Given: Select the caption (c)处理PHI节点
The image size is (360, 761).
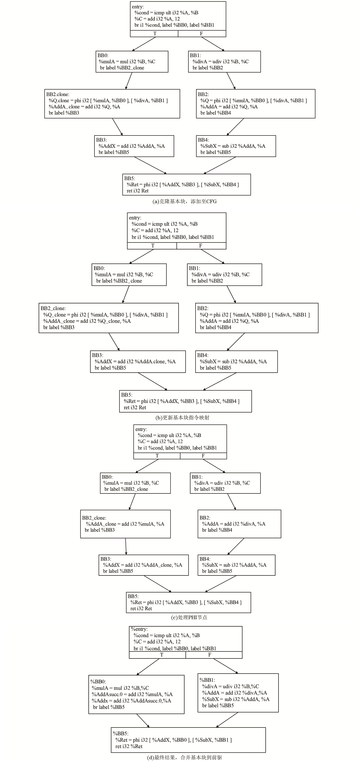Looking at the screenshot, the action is pos(189,617).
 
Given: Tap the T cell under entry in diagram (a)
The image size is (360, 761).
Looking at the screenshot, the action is pos(154,34).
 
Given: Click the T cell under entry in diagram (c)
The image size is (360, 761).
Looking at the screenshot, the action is pos(157,456).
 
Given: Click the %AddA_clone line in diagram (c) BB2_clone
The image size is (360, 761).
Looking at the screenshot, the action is pos(125,524).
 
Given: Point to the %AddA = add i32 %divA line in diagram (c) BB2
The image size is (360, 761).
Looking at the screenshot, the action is pos(234,524).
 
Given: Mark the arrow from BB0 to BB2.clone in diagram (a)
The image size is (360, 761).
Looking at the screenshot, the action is pos(129,81).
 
